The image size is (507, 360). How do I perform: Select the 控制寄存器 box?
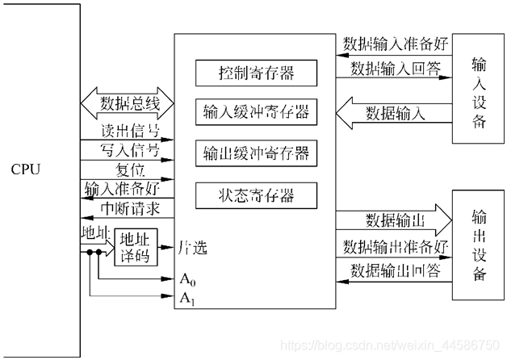pos(255,73)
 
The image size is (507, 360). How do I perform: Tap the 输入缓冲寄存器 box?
pos(255,112)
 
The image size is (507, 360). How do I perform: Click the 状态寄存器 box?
pos(255,195)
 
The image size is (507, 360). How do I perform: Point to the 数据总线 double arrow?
pos(128,104)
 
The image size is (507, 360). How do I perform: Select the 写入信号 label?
pos(124,151)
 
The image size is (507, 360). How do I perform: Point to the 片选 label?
pos(192,248)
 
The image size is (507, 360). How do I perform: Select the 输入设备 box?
pos(478,93)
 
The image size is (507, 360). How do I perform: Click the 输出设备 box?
pos(478,246)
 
